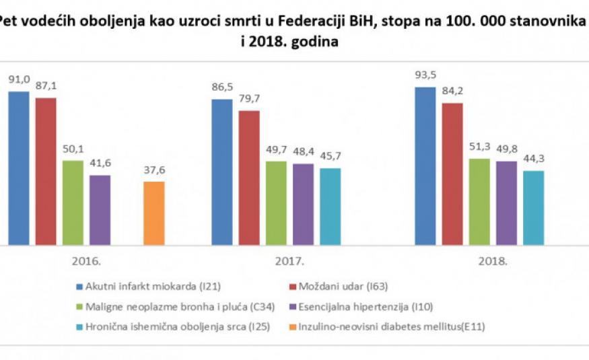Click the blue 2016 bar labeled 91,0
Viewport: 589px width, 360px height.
[x=19, y=168]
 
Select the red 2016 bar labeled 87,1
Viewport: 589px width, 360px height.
[x=46, y=171]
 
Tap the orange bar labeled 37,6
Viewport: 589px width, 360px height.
[x=153, y=212]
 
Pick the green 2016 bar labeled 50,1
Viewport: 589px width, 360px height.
[x=73, y=202]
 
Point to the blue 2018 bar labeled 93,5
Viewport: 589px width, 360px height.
[x=425, y=165]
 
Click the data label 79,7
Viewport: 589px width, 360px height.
[x=248, y=98]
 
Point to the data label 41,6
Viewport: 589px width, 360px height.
[x=100, y=164]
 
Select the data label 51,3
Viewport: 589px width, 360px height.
[x=479, y=147]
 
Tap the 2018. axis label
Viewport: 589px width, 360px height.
[x=494, y=260]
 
